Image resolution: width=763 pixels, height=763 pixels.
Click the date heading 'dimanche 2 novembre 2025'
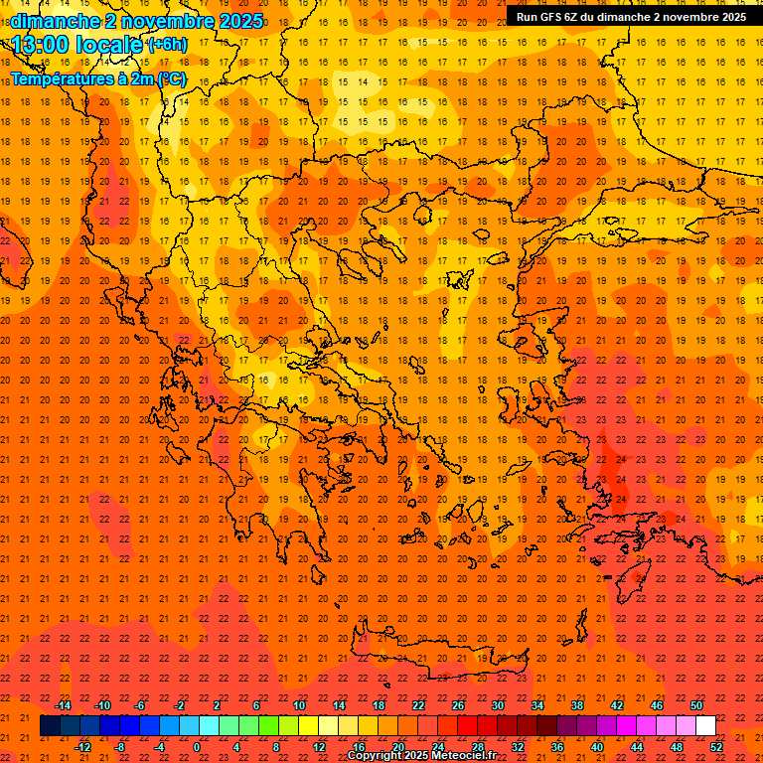pos(136,21)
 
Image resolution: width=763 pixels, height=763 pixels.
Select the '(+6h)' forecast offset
pos(166,45)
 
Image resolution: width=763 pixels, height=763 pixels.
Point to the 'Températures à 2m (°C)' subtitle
pos(97,77)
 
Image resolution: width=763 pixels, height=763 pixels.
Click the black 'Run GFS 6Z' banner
pos(631,16)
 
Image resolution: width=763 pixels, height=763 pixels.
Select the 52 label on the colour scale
pos(717,747)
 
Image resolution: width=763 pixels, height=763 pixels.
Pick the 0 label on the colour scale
pos(198,747)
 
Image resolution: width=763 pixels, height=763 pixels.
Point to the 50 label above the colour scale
pos(696,705)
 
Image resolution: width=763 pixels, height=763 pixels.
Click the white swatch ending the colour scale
pos(705,726)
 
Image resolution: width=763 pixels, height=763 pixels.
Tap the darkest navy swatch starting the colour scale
pos(50,726)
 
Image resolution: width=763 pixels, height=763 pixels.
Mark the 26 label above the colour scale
pos(458,705)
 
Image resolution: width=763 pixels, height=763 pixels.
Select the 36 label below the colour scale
pos(557,747)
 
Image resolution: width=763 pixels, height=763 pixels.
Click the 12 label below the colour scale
pos(319,747)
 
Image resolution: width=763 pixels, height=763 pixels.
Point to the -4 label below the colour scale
pos(159,747)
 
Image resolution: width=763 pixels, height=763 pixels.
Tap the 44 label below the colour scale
pos(637,747)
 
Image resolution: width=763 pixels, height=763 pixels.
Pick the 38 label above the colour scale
pos(577,705)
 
